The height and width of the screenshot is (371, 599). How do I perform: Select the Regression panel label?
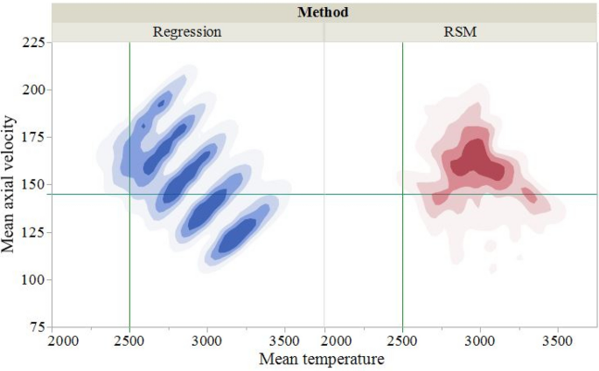tap(187, 32)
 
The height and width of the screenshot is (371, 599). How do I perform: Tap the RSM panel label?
tap(460, 32)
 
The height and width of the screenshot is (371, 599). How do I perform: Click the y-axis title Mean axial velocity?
tap(10, 185)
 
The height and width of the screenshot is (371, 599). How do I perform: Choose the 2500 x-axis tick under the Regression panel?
tap(129, 340)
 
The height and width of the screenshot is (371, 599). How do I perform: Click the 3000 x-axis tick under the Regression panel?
tap(207, 340)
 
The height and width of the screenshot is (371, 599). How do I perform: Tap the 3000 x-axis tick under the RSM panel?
tap(480, 340)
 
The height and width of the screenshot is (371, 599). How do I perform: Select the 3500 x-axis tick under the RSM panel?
tap(558, 340)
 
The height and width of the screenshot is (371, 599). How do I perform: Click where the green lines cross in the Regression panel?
tap(129, 194)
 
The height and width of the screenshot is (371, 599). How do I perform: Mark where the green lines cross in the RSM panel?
tap(402, 194)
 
